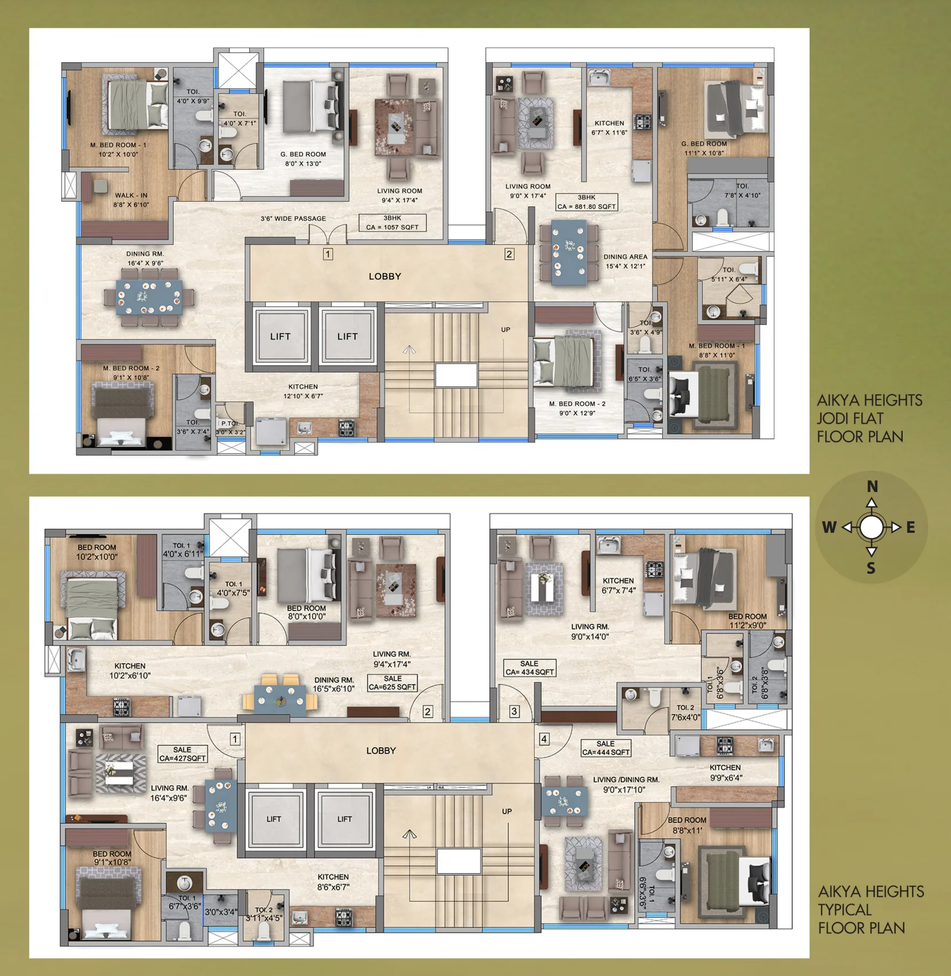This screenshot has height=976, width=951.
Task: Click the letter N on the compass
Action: (x=872, y=486)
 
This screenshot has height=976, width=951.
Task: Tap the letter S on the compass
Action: (x=871, y=568)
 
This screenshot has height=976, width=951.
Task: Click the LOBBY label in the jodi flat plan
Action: (x=385, y=276)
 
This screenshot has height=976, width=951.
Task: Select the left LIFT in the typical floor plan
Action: (x=274, y=819)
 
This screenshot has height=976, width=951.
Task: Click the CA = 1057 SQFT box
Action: (x=393, y=222)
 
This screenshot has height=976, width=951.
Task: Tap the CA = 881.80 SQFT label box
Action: (x=586, y=202)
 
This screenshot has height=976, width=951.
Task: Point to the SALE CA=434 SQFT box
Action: (x=530, y=667)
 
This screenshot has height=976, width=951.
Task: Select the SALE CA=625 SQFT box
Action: (x=393, y=682)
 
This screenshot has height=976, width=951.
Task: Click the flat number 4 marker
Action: (x=544, y=739)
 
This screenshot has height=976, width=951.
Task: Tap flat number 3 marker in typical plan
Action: (x=514, y=711)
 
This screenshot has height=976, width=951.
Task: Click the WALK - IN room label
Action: (x=131, y=199)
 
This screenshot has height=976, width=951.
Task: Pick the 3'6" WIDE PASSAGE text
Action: (x=293, y=218)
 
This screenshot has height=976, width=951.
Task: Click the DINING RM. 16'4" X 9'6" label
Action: (x=145, y=258)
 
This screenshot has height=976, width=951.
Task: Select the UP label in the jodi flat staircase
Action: (x=505, y=329)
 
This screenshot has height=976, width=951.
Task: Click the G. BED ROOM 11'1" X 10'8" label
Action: (x=704, y=148)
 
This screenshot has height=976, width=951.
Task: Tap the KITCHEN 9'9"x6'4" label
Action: (x=725, y=773)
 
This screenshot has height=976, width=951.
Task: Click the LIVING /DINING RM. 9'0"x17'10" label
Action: (x=626, y=785)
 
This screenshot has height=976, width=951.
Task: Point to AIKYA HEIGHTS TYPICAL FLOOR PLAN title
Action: (x=871, y=909)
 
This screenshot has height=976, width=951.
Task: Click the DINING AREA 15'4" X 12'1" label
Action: (x=625, y=262)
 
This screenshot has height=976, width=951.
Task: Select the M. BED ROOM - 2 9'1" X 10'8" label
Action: (x=131, y=372)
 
